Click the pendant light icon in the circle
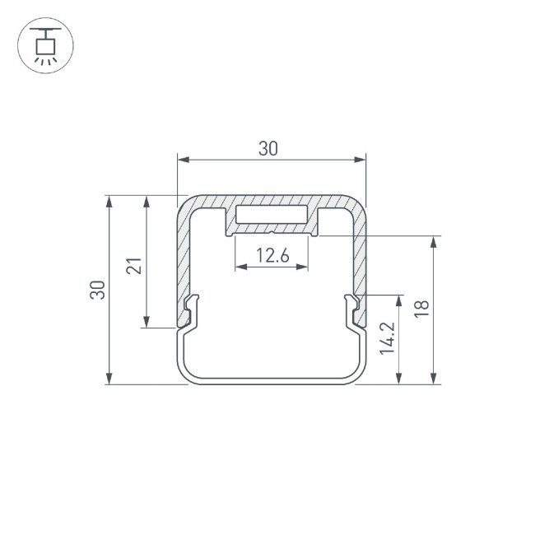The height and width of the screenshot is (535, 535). (x=45, y=45)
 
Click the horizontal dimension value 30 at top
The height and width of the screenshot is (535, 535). (x=268, y=149)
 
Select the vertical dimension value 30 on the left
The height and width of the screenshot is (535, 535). (x=98, y=290)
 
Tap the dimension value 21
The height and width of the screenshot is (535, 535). (x=134, y=266)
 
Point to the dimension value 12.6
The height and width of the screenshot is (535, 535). (x=272, y=255)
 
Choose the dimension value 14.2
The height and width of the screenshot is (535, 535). (x=388, y=338)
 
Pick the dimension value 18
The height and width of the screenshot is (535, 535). (x=421, y=309)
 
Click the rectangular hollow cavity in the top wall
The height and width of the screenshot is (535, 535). (x=272, y=215)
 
